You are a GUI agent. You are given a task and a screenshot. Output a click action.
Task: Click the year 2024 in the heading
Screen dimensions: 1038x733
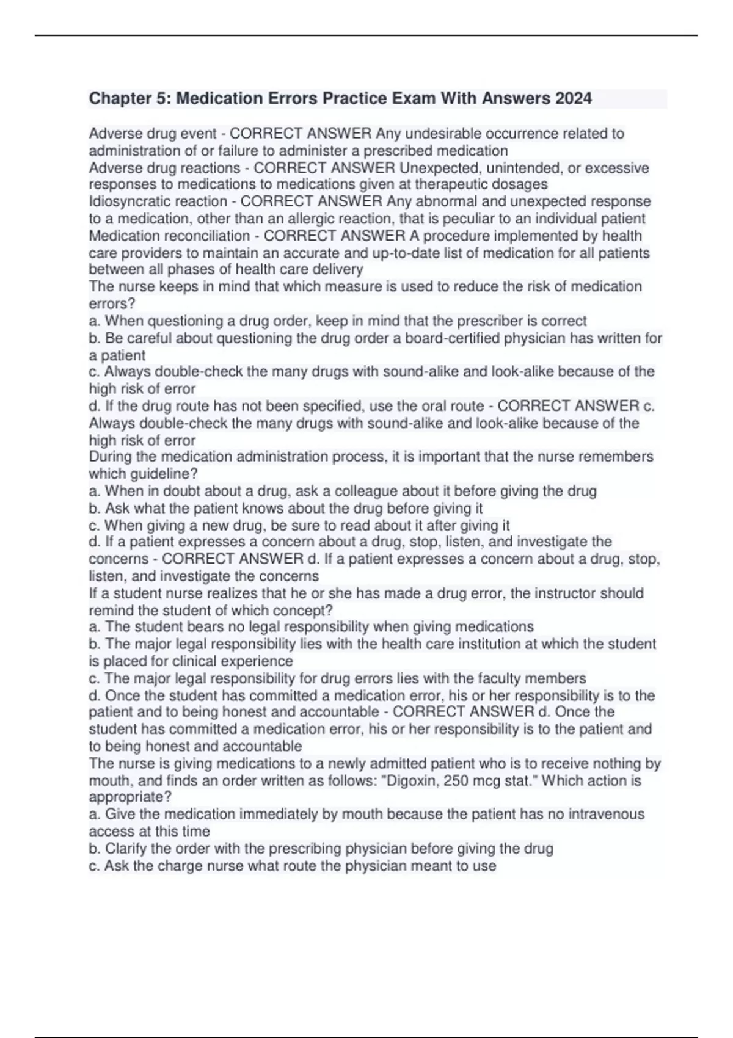(573, 98)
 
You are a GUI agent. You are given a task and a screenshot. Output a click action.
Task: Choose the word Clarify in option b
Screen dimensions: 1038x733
(126, 849)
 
